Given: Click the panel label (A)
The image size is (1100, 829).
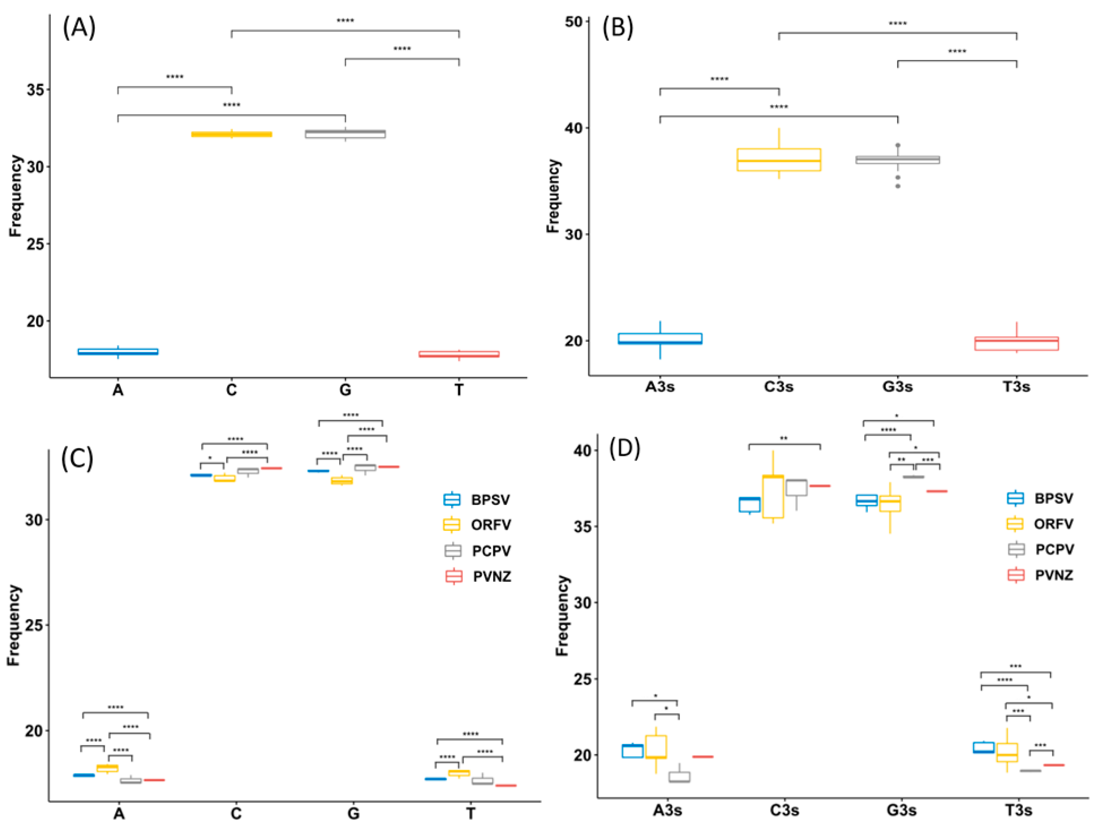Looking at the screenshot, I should coord(78,27).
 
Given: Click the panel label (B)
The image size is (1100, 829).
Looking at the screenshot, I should coord(618,27).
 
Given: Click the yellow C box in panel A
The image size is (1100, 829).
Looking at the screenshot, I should coord(232,134).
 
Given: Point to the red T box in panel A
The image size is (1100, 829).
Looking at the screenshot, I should coord(458,354).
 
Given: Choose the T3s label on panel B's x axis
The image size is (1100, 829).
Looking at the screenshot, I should coord(1016,387).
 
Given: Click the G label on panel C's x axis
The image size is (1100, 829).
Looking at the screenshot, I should coord(353,814).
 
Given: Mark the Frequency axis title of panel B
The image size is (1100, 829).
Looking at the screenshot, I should coord(553,196).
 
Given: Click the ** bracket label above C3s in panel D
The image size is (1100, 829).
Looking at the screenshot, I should coord(783,438).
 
